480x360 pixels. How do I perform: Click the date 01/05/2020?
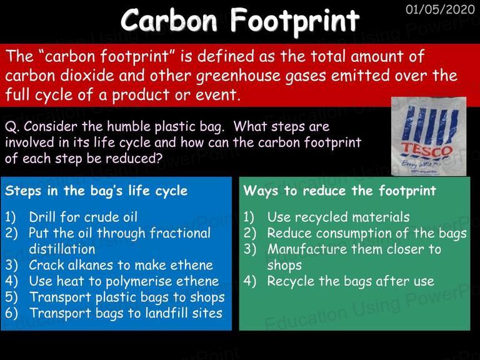[440, 9]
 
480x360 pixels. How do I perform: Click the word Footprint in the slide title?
[295, 20]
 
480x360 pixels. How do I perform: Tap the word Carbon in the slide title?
[169, 19]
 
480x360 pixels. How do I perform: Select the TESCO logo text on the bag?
[427, 150]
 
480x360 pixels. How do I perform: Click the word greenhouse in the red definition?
[238, 76]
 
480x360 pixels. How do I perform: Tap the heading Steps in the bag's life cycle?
[96, 191]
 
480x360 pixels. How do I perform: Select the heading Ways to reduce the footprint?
[340, 191]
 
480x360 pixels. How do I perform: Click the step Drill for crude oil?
[83, 217]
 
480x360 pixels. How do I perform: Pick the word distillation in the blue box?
[62, 249]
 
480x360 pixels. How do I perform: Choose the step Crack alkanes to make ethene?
[121, 265]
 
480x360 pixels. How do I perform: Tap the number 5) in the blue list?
[11, 297]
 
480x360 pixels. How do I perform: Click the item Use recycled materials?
[338, 217]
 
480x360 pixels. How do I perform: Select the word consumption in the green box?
[354, 233]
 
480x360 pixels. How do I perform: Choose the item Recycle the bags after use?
[351, 281]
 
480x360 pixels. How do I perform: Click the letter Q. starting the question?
[12, 127]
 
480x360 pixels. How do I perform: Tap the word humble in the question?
[129, 126]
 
